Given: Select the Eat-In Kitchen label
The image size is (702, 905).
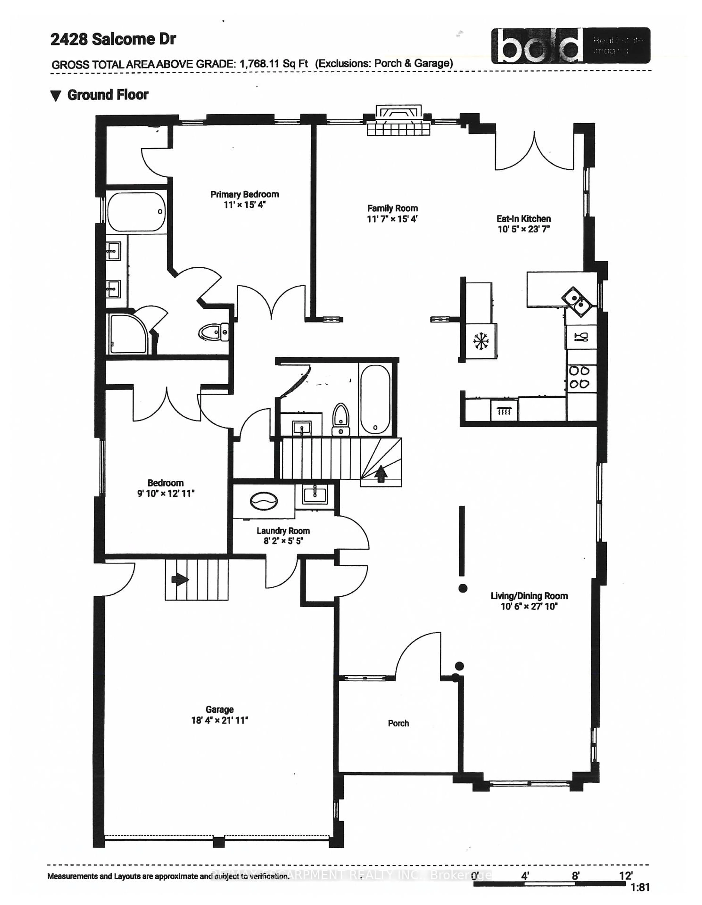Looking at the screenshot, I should tap(523, 219).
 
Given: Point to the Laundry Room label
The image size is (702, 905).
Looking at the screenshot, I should tap(283, 531).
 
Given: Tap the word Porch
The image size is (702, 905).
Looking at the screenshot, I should tap(398, 723).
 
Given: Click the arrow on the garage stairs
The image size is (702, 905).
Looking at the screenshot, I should tap(180, 579).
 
